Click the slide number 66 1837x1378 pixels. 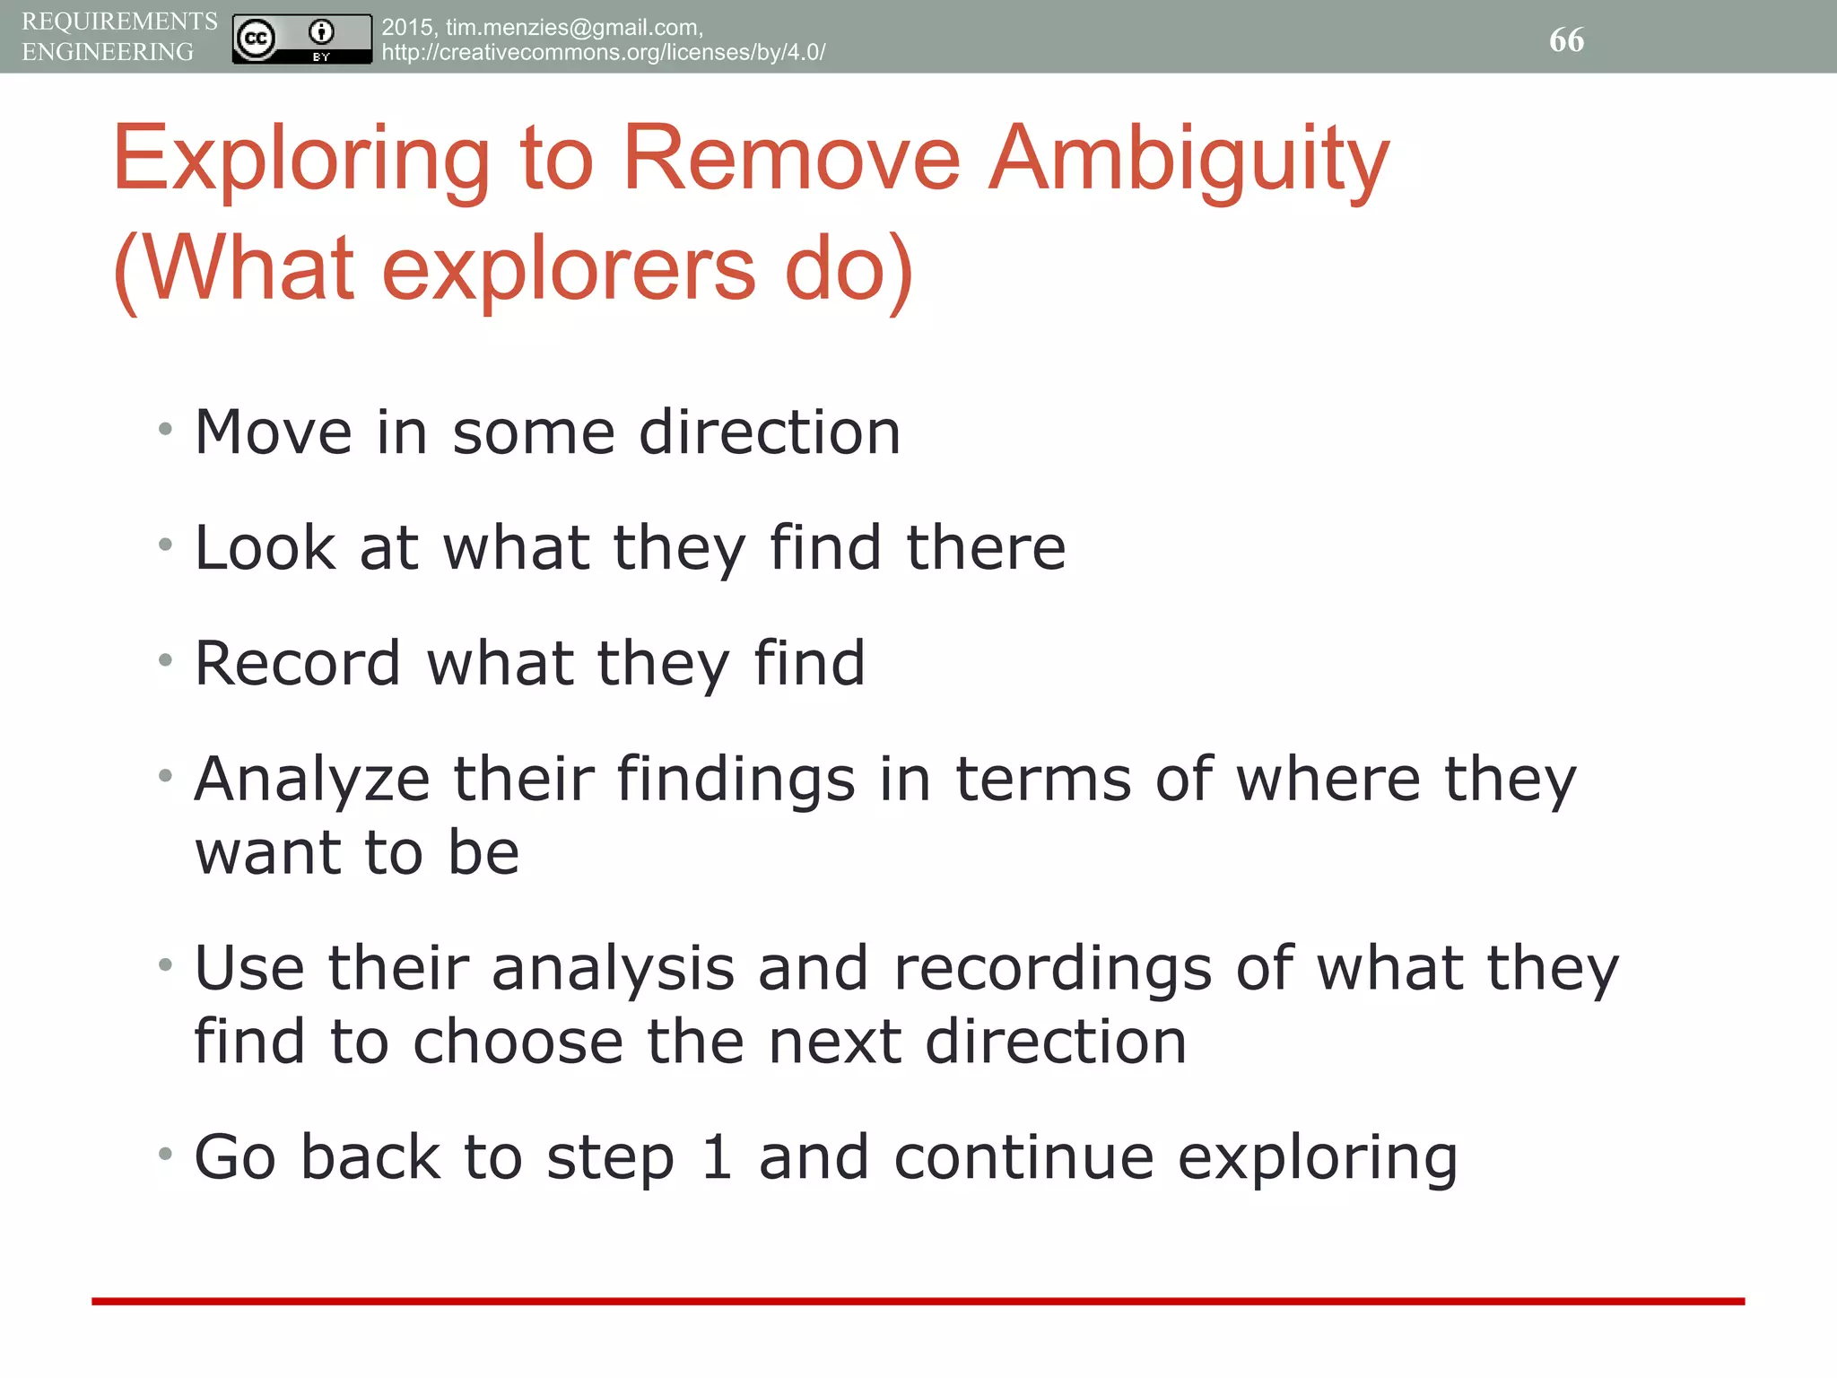tap(1566, 39)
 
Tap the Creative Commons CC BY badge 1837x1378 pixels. tap(301, 39)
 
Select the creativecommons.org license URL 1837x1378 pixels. tap(603, 52)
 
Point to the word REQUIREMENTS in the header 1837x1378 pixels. tap(119, 21)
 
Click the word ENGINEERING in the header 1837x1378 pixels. tap(108, 52)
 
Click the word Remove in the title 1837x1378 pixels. tap(791, 159)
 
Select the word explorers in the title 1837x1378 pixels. tap(569, 268)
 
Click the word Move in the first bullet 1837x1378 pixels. tap(273, 432)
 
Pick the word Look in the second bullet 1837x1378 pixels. tap(265, 547)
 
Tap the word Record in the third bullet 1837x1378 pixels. tap(297, 664)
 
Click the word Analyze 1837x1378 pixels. tap(311, 779)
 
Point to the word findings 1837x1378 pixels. tap(736, 779)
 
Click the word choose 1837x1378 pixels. tap(518, 1042)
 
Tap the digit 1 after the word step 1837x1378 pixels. tap(717, 1157)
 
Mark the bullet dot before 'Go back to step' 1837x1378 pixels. tap(165, 1154)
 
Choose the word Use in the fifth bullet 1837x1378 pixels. tap(249, 969)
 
